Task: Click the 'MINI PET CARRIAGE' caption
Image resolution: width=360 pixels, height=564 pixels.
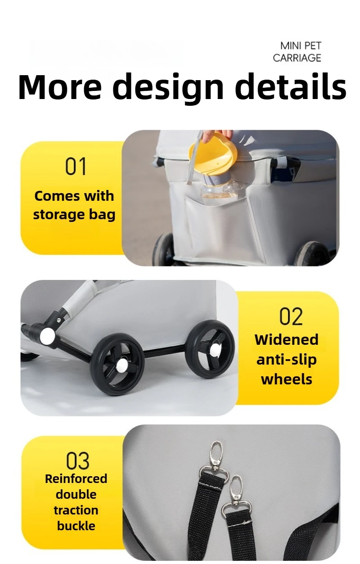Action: (x=297, y=52)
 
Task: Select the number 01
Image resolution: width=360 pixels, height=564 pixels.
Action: (x=76, y=166)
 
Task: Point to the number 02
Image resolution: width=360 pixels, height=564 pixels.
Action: (x=291, y=316)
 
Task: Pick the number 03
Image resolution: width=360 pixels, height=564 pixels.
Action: (x=77, y=460)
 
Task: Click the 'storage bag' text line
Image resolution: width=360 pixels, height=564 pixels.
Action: (x=74, y=214)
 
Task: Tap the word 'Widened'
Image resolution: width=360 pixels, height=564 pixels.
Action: (x=287, y=339)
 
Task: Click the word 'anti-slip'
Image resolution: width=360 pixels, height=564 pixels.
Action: (x=287, y=359)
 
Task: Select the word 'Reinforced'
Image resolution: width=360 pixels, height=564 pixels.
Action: (x=76, y=478)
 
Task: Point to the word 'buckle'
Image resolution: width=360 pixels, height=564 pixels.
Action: (x=76, y=526)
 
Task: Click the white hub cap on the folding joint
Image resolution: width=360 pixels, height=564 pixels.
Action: (x=47, y=335)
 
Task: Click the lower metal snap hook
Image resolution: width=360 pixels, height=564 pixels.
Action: (x=235, y=493)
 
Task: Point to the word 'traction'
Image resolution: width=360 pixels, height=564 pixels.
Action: (x=76, y=510)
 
